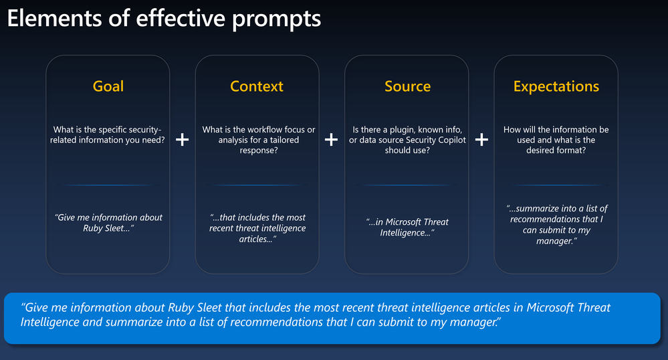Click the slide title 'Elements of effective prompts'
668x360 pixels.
point(164,19)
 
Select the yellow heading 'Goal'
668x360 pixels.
point(108,86)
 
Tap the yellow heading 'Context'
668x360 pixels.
point(257,86)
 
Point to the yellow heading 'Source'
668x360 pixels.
point(407,86)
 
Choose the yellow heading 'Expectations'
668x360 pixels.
point(556,86)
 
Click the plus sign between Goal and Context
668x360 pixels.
point(183,139)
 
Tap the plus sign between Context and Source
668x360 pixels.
point(331,139)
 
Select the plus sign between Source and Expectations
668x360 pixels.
point(481,139)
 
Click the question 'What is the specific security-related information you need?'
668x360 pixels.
point(108,134)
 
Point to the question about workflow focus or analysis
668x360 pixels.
point(259,140)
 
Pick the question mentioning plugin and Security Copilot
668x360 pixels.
point(407,140)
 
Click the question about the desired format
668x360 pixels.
point(556,140)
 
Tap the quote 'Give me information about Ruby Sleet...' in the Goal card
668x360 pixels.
point(108,223)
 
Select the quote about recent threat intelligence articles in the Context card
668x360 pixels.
point(257,228)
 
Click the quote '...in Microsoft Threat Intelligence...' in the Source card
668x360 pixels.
point(407,228)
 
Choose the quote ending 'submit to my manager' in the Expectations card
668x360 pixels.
point(556,225)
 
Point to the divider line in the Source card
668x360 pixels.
point(407,185)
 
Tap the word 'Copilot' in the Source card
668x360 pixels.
point(451,140)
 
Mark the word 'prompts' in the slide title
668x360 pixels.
point(276,19)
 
